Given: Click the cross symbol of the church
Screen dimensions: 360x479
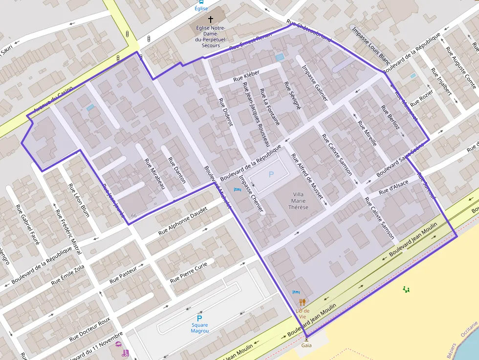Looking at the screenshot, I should (x=211, y=20).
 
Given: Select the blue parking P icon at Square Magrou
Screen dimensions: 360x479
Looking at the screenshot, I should (x=199, y=318).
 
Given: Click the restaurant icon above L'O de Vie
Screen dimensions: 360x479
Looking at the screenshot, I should (x=303, y=302).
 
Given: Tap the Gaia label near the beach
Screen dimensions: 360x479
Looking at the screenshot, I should (x=306, y=345).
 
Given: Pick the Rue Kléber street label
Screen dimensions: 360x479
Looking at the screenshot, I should (x=246, y=75).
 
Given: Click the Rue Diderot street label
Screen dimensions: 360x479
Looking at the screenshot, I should (x=225, y=112).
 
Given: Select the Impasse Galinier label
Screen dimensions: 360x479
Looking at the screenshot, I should (x=314, y=84).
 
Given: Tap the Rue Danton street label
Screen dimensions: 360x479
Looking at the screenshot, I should (x=177, y=170).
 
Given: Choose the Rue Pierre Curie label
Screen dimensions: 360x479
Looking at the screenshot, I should (x=189, y=273).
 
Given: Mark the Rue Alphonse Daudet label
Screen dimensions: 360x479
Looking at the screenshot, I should (x=183, y=221).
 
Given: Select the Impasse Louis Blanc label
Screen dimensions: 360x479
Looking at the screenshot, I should (x=370, y=46).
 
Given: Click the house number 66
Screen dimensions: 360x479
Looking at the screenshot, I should (x=134, y=216).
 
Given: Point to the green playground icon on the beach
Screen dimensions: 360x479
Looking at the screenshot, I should (x=406, y=290).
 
